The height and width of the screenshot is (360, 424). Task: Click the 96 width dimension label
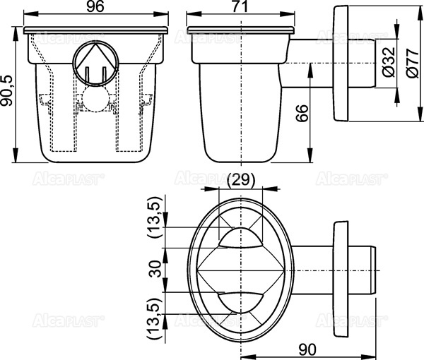point(95,8)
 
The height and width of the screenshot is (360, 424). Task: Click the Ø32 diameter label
point(387,64)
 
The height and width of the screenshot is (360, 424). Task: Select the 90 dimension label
point(306,349)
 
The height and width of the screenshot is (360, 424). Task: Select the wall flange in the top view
point(341,271)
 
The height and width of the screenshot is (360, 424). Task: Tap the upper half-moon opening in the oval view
point(241,239)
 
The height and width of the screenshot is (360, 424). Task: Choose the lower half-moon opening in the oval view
point(241,301)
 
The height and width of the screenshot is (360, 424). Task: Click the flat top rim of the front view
point(95,30)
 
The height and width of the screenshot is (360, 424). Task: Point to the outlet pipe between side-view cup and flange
point(307,64)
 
